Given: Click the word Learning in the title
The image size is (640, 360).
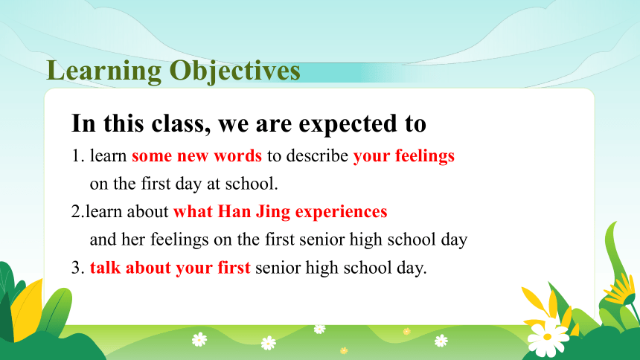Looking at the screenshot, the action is point(104,71).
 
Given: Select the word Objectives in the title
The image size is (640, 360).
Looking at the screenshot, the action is point(235,71).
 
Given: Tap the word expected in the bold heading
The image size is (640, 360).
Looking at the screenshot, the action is point(348,124).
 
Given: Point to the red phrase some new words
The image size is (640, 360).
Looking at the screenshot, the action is point(196,155).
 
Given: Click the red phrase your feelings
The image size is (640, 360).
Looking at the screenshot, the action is point(403,156).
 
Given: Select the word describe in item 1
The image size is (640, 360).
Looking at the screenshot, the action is point(317,155).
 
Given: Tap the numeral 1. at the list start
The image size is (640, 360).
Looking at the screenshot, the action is point(78,156).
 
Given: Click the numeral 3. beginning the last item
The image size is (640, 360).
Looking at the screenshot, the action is point(78,268).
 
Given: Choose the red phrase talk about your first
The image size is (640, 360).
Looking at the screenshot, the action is point(170,269).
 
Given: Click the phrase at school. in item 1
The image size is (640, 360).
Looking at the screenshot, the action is point(243,184).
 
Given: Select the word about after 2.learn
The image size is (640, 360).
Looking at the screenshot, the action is point(148,212).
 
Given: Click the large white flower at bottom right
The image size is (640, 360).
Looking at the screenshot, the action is point(546,336).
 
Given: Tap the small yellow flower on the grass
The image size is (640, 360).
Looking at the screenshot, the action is point(344,350).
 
